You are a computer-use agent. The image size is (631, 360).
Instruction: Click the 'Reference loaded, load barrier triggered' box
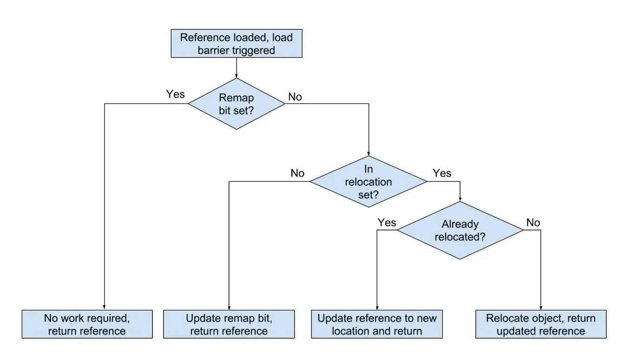pyautogui.click(x=237, y=44)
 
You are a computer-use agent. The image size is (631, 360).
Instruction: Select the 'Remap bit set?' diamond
pyautogui.click(x=237, y=103)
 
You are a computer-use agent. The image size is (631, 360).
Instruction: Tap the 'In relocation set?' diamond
pyautogui.click(x=368, y=181)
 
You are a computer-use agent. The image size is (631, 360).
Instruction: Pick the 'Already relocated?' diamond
pyautogui.click(x=460, y=230)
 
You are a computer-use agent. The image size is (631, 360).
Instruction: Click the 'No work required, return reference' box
pyautogui.click(x=87, y=324)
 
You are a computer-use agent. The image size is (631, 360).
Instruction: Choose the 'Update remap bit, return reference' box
pyautogui.click(x=229, y=324)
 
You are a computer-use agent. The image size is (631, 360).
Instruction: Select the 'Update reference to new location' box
pyautogui.click(x=377, y=324)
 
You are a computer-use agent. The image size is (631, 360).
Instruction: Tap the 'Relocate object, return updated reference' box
pyautogui.click(x=541, y=324)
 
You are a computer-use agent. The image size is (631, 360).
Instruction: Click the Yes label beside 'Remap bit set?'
pyautogui.click(x=175, y=94)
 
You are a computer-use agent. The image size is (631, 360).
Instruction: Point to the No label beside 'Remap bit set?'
pyautogui.click(x=295, y=97)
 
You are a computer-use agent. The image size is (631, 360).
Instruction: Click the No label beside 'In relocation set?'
pyautogui.click(x=297, y=173)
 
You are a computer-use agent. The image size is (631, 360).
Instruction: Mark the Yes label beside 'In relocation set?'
pyautogui.click(x=442, y=173)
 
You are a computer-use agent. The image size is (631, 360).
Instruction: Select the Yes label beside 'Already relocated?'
pyautogui.click(x=387, y=223)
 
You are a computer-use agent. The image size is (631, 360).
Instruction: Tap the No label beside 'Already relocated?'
pyautogui.click(x=533, y=223)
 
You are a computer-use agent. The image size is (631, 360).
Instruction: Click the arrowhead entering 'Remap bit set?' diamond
pyautogui.click(x=237, y=75)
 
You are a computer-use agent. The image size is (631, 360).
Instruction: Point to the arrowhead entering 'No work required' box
pyautogui.click(x=104, y=308)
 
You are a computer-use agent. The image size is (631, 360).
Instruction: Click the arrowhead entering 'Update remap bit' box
pyautogui.click(x=229, y=308)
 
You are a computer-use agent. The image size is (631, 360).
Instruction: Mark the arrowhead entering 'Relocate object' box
pyautogui.click(x=541, y=308)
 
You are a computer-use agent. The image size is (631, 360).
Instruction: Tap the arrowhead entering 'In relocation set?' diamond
pyautogui.click(x=368, y=154)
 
